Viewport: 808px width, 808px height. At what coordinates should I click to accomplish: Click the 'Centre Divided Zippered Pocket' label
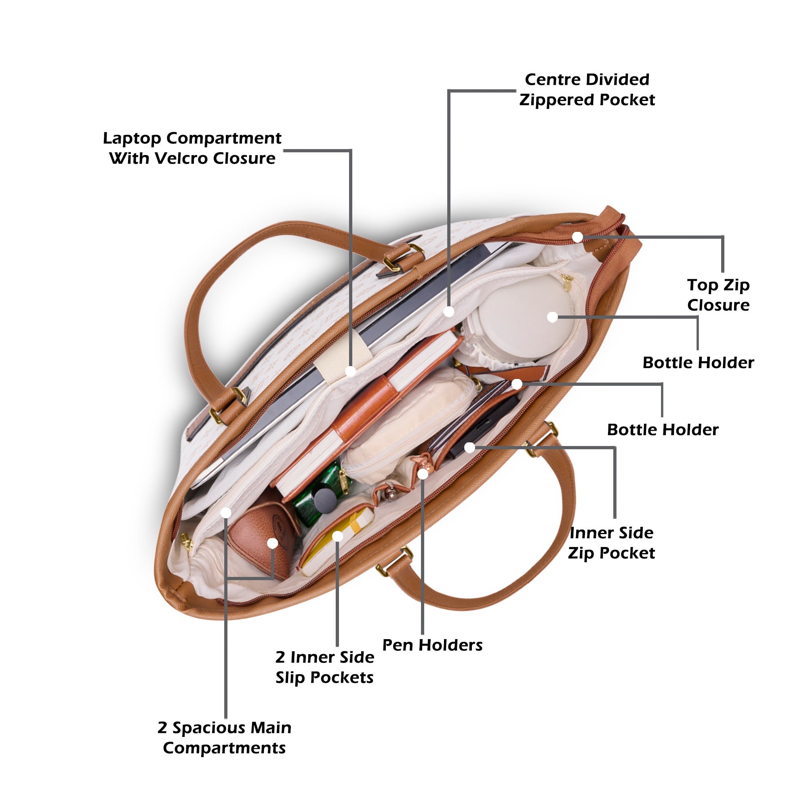pos(587,90)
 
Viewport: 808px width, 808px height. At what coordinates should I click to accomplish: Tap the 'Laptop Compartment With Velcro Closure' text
pos(192,148)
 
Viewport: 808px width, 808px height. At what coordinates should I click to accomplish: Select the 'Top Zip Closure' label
pos(718,295)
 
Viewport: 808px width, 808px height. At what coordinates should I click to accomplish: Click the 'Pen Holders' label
pos(432,645)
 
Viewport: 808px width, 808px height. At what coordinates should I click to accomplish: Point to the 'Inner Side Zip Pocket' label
pos(611,543)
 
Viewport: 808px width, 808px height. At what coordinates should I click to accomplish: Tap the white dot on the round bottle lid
pos(552,317)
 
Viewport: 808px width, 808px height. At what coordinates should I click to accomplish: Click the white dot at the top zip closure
pos(577,237)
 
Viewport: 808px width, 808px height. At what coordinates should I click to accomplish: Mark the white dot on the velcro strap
pos(350,370)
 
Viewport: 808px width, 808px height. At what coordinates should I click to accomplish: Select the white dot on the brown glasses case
pos(272,543)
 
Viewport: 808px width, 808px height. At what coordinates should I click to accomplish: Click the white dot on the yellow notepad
pos(337,536)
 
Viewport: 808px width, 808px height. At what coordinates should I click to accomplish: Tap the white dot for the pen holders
pos(423,474)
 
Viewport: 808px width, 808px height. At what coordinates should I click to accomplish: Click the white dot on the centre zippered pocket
pos(449,311)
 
